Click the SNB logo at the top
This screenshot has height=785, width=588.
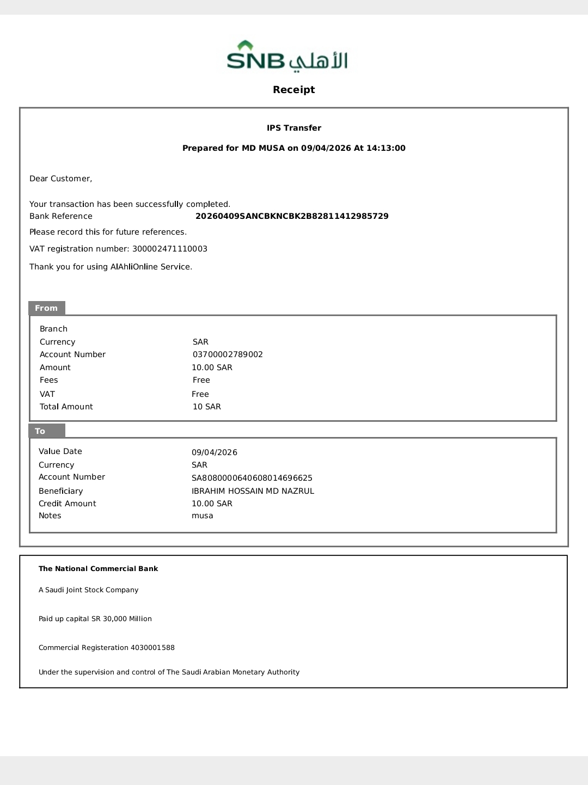click(x=287, y=57)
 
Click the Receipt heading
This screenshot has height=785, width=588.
click(x=294, y=90)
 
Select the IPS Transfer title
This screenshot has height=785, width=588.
click(x=294, y=128)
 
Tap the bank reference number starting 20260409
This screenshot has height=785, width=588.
click(x=292, y=216)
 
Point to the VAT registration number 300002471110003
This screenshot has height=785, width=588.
click(x=170, y=249)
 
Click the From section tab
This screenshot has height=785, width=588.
click(x=47, y=308)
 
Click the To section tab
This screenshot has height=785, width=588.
click(x=41, y=431)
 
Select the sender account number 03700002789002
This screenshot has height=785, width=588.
click(x=228, y=354)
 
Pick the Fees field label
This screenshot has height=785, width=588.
click(x=49, y=380)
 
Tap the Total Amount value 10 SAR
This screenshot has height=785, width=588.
click(x=207, y=407)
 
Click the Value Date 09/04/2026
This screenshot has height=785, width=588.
click(x=215, y=452)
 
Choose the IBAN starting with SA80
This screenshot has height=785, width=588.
click(x=252, y=478)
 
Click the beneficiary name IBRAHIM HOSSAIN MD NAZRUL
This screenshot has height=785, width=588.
click(x=253, y=491)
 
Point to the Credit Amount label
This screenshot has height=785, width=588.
click(x=68, y=504)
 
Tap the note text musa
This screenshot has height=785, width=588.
click(x=203, y=516)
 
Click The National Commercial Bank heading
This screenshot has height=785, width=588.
click(x=99, y=569)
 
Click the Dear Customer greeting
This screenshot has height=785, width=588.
click(x=61, y=179)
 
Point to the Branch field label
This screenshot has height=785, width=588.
click(x=54, y=329)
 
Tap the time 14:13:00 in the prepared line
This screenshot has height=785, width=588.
click(x=386, y=148)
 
